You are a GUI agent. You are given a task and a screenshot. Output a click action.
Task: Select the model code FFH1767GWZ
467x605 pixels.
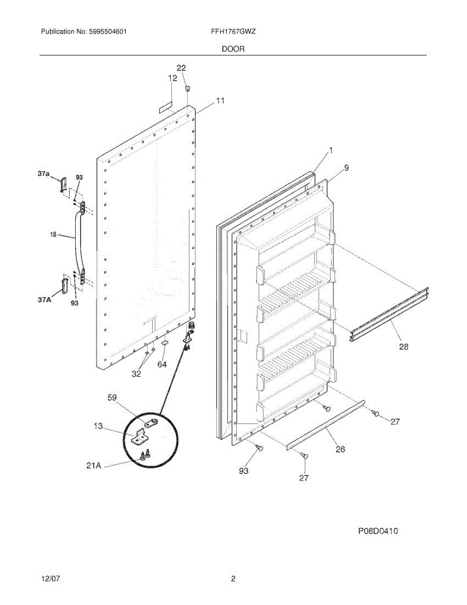click(x=233, y=31)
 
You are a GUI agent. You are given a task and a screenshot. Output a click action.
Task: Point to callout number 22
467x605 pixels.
click(x=181, y=68)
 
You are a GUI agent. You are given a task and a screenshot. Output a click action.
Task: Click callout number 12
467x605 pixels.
click(x=173, y=78)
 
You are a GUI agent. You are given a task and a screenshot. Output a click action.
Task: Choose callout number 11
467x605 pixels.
click(x=220, y=101)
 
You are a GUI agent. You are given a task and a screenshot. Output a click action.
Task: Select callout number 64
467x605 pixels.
click(x=162, y=364)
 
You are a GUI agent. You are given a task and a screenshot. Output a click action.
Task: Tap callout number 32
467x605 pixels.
click(x=137, y=374)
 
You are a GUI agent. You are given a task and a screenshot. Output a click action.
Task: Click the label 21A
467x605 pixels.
click(x=94, y=466)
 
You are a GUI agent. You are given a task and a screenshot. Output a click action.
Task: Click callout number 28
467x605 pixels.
click(x=404, y=346)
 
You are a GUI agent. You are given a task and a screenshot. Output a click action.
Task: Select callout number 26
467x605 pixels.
click(x=341, y=449)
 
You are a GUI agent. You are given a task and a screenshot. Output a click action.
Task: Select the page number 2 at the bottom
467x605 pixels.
click(x=233, y=579)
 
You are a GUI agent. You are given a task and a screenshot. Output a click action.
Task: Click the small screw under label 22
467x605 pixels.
click(x=187, y=89)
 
